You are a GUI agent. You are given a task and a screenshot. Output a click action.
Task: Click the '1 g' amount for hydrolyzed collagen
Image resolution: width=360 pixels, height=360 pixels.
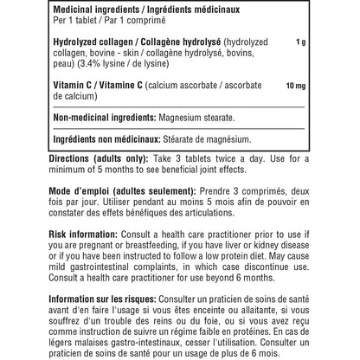[299, 42]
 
